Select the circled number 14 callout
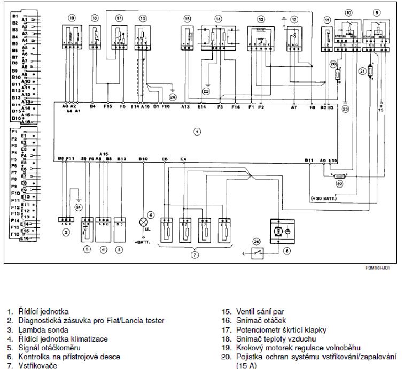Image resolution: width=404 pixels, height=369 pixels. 218,19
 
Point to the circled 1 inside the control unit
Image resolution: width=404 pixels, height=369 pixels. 197,130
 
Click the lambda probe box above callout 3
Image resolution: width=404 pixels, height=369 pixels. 87,227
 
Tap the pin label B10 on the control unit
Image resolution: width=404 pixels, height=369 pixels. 143,159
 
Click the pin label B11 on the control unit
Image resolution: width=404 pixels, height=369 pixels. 309,159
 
